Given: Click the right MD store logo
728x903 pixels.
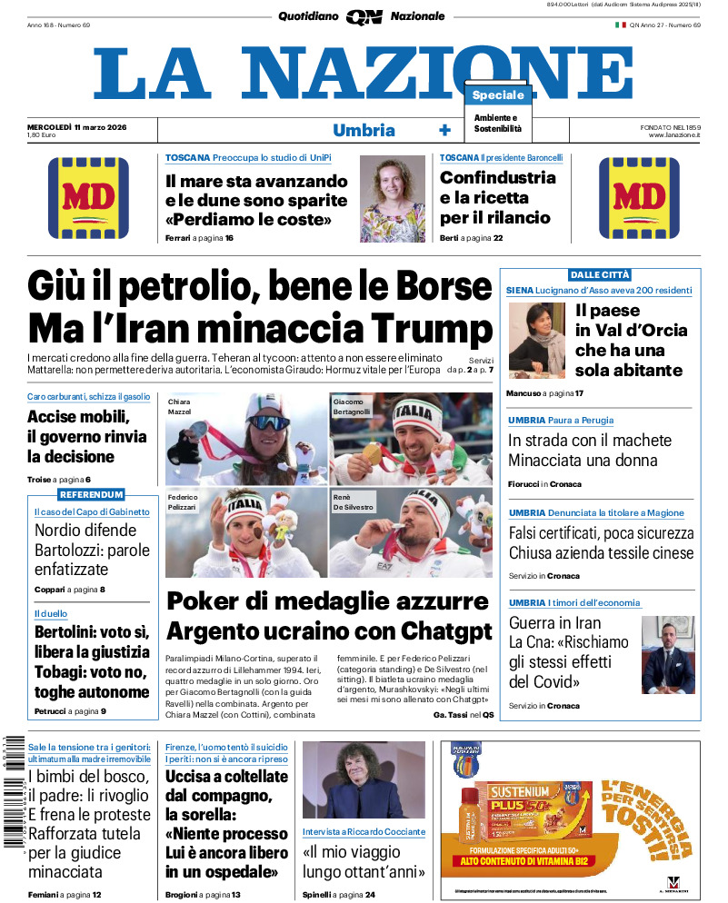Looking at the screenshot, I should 639,198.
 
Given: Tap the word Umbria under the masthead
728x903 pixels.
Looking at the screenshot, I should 364,130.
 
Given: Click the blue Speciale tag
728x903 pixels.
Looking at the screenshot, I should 498,95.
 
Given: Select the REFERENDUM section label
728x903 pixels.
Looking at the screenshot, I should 91,495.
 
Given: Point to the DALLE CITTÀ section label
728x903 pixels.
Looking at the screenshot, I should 600,274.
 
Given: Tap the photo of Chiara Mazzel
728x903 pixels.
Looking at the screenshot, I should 245,439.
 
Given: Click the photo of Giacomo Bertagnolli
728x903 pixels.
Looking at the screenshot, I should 411,439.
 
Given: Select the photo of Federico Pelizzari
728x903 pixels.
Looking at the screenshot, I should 245,533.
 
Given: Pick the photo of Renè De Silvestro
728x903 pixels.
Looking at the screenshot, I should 411,533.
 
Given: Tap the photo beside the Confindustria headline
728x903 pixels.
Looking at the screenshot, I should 393,197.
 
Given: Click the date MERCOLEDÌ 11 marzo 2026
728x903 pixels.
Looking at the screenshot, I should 76,126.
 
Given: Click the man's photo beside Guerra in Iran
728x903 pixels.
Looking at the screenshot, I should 667,655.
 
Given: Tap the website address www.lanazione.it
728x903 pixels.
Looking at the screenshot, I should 674,135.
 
